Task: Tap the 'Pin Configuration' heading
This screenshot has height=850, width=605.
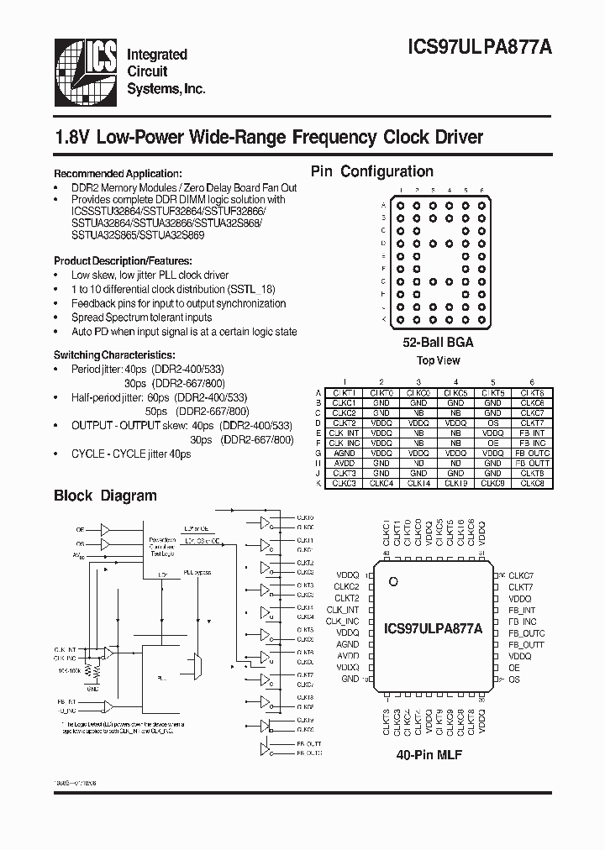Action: tap(372, 171)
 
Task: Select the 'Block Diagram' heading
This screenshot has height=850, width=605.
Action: tap(105, 496)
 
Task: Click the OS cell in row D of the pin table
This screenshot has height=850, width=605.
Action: tap(492, 422)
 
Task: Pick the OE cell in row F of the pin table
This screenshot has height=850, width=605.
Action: tap(492, 443)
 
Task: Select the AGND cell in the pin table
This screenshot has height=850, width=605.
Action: tap(345, 453)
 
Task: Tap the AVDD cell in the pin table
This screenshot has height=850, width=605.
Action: tap(345, 463)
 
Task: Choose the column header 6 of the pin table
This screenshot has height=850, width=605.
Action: tap(531, 381)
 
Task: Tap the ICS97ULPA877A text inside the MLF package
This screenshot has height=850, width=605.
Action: tap(433, 627)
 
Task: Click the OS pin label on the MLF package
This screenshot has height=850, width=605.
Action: tap(514, 679)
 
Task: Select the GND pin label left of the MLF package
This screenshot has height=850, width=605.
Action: tap(350, 679)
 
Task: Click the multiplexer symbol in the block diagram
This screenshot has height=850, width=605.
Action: tap(196, 668)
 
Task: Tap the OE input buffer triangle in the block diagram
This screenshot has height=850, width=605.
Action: tap(105, 530)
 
